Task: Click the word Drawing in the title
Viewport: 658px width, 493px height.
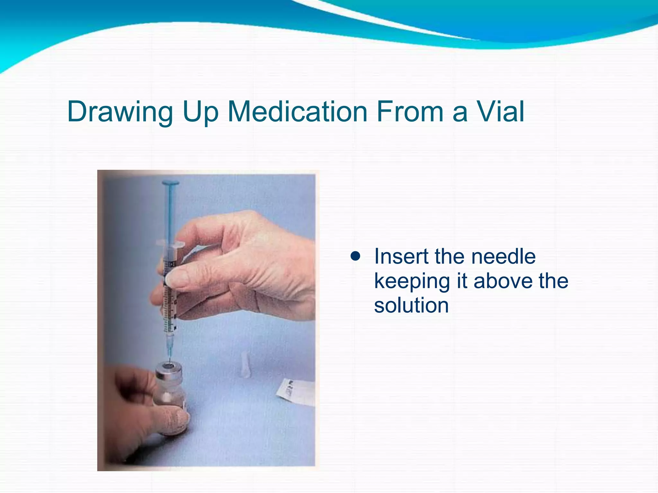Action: coord(120,112)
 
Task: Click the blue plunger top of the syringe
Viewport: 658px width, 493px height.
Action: coord(170,184)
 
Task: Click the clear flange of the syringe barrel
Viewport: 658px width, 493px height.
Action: coord(170,245)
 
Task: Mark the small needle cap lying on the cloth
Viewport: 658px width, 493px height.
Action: coord(245,364)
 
